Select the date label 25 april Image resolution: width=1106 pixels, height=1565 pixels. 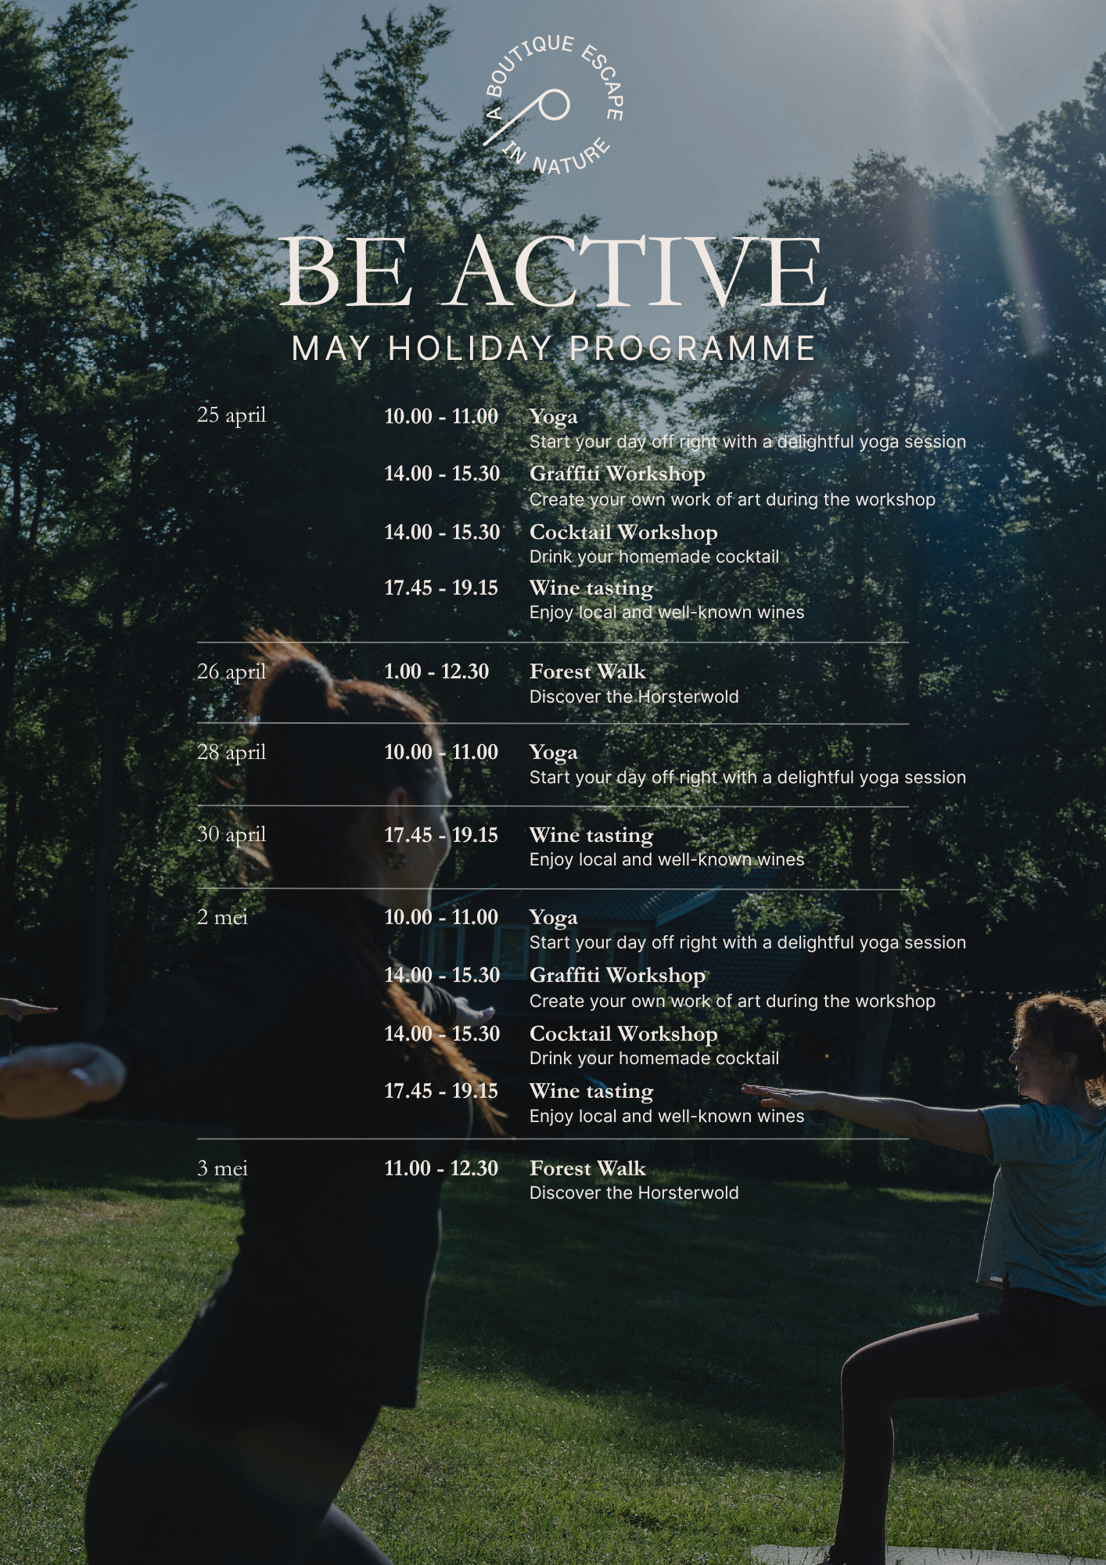[x=232, y=415]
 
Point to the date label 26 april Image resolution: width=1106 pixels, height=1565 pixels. [x=232, y=671]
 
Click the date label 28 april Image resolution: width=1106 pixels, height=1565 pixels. [x=232, y=752]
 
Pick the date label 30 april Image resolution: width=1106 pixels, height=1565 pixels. [x=232, y=834]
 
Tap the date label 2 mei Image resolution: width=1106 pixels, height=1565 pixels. [x=222, y=916]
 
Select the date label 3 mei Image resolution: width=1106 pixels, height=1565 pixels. [x=222, y=1168]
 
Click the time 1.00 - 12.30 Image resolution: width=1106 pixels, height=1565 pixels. [x=436, y=671]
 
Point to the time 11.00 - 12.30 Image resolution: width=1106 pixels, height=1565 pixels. [x=441, y=1168]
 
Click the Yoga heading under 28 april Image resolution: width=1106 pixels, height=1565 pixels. [x=554, y=754]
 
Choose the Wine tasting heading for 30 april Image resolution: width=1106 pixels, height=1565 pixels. [x=591, y=836]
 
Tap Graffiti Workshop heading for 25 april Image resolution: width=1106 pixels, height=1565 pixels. [x=617, y=474]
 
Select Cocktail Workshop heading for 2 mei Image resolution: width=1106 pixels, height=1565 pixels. [x=623, y=1034]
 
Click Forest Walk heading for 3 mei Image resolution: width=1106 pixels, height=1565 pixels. [x=587, y=1168]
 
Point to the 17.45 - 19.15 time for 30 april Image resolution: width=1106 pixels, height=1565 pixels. [x=441, y=835]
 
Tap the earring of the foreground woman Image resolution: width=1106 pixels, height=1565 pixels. [x=395, y=858]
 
